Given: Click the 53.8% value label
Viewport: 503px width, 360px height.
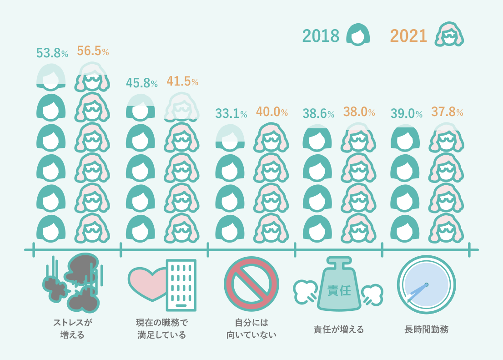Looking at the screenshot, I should pos(52,53).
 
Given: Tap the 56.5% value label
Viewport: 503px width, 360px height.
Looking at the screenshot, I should pos(93,51).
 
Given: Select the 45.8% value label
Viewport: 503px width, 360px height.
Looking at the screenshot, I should pos(141,83).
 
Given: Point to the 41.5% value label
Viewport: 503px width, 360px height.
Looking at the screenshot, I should pos(182,81).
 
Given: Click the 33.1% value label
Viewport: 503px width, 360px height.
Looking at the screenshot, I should pos(231,114).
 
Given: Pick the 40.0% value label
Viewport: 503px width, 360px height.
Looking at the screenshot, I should pos(272,112).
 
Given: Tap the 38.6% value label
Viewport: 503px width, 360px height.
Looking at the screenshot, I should pos(319,114).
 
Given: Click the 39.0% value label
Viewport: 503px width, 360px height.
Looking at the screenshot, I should pos(407,114).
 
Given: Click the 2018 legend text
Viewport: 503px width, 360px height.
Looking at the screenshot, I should pos(321,35).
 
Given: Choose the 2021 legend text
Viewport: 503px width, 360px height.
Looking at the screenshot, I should pos(408,35).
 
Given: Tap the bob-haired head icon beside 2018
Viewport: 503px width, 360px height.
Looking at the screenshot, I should pos(358,35).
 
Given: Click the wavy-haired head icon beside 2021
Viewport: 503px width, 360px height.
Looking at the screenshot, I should pos(449,35).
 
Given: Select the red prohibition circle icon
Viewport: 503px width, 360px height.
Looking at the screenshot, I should pos(251,284).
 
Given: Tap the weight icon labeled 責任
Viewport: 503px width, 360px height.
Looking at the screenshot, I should pos(339,286).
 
